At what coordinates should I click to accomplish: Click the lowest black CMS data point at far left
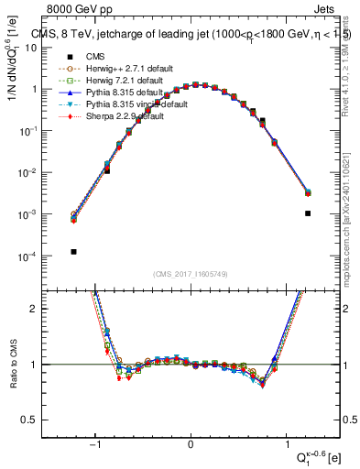click(x=73, y=252)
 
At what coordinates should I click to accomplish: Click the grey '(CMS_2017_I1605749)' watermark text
click(x=191, y=274)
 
